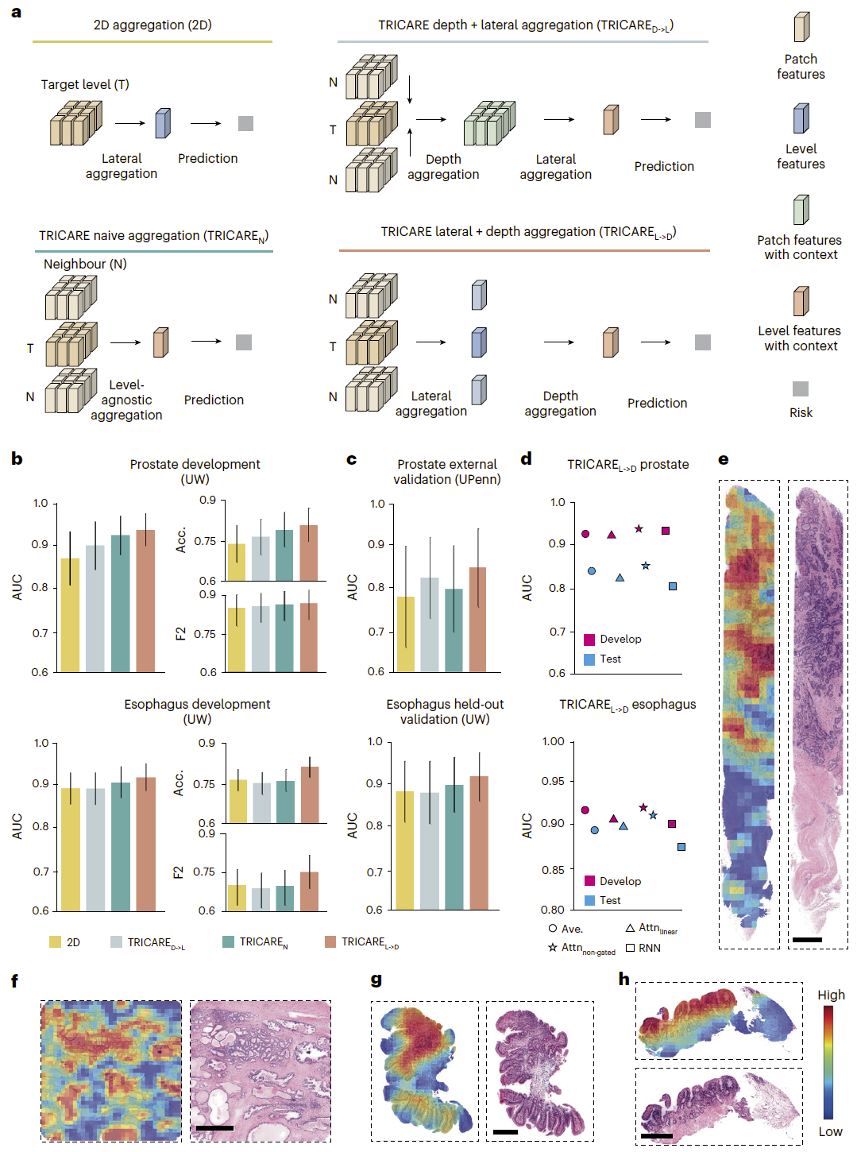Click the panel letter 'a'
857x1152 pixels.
coord(16,12)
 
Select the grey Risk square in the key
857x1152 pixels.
coord(800,389)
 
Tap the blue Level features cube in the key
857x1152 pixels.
coord(801,118)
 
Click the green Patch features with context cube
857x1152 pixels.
coord(801,209)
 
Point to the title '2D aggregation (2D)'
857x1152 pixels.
coord(152,25)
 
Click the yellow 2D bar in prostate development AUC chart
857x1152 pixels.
coord(70,615)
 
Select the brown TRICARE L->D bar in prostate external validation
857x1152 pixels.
coord(477,620)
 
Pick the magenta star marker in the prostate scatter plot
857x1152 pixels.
coord(639,529)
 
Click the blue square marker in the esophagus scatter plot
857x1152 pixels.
coord(681,847)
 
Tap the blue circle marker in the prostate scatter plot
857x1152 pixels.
coord(591,570)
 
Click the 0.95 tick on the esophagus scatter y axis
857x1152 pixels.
coord(553,781)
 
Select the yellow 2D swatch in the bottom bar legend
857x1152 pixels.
coord(55,941)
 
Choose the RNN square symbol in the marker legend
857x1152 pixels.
coord(630,948)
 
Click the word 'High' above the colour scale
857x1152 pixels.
coord(831,995)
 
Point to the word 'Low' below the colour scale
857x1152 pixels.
coord(830,1131)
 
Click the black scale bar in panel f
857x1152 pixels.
coord(214,1127)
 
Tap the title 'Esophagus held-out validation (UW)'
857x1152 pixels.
coord(445,712)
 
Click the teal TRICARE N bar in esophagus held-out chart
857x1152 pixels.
coord(454,847)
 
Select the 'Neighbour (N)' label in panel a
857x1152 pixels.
coord(85,264)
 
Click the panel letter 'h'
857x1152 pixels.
coord(623,979)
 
